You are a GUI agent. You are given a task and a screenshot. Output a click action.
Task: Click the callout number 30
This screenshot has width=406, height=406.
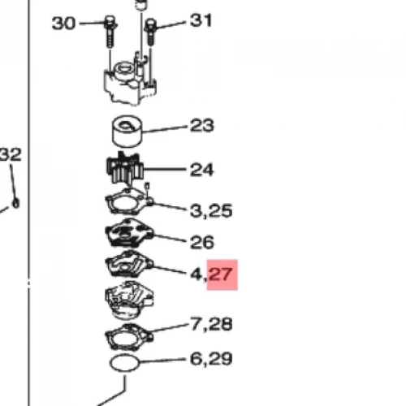click(63, 24)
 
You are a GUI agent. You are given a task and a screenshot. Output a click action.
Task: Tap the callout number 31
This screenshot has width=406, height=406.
click(201, 20)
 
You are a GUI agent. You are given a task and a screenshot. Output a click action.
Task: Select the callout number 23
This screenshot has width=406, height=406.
click(202, 126)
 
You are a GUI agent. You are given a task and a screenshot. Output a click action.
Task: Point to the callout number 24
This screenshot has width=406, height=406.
click(202, 170)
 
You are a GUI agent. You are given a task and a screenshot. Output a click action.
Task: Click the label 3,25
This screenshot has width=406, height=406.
click(211, 211)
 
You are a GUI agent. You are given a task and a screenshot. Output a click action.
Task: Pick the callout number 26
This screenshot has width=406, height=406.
click(202, 242)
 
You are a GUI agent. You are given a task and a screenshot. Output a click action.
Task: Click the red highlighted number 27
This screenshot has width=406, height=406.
click(221, 274)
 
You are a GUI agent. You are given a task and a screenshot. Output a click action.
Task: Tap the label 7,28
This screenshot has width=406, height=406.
click(212, 324)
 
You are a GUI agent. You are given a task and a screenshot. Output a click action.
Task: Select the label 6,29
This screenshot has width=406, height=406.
click(211, 359)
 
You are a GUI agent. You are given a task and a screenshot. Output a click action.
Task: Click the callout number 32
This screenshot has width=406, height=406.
click(11, 154)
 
